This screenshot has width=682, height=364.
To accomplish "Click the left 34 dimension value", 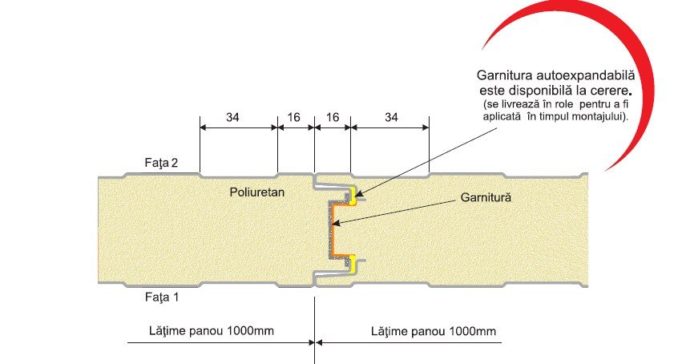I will point(232,117).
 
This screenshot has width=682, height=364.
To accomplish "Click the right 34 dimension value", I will point(390,117).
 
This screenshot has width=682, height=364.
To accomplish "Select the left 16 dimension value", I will point(294,117).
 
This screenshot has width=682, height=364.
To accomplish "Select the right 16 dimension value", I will point(333,117).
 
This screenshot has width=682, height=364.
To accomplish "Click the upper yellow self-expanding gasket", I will point(353,193).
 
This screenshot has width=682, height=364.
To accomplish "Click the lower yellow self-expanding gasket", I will point(353,261).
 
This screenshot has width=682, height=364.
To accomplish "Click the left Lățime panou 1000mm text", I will point(196,330).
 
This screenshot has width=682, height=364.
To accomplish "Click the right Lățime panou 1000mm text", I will point(434,330).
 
